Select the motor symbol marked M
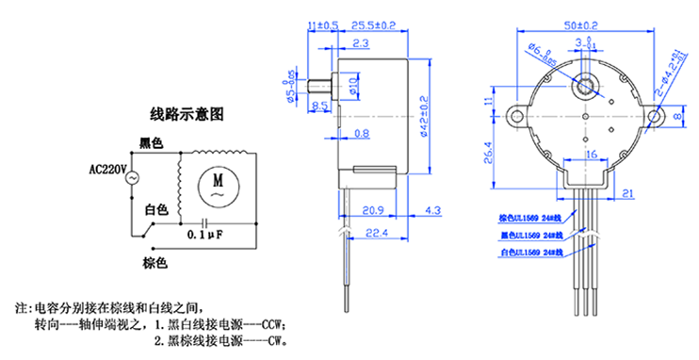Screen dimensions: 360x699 218,180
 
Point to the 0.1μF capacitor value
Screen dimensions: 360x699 205,233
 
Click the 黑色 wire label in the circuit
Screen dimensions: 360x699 151,143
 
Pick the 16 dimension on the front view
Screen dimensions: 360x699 590,155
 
